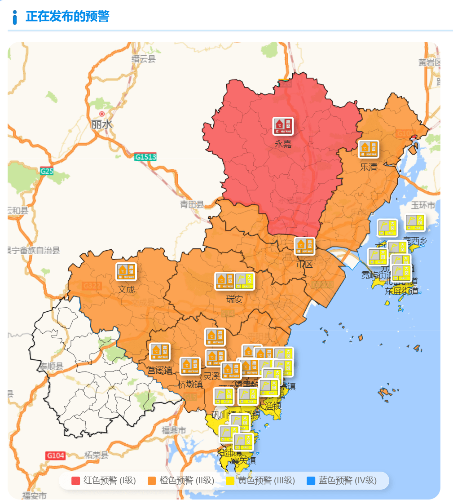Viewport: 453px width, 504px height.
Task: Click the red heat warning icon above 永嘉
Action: click(x=283, y=126)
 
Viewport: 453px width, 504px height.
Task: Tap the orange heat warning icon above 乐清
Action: click(x=368, y=149)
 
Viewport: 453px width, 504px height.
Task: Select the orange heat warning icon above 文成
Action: click(x=126, y=272)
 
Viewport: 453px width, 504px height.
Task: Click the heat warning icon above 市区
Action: click(x=304, y=246)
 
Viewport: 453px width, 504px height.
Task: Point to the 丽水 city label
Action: click(x=102, y=124)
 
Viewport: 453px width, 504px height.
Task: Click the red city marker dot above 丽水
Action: click(x=102, y=114)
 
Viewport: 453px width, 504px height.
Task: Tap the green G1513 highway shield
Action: click(x=145, y=157)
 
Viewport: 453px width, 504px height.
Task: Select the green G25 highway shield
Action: click(x=47, y=171)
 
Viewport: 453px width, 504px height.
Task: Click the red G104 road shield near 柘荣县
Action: click(x=55, y=455)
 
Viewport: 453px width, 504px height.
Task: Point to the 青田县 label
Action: click(x=192, y=205)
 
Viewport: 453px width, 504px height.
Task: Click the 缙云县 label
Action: click(x=143, y=59)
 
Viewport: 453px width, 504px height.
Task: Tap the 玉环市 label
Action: click(x=423, y=205)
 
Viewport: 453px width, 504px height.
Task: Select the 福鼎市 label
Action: click(x=174, y=430)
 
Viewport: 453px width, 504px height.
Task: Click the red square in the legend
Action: click(x=76, y=481)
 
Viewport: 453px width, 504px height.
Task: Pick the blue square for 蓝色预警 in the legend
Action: click(x=311, y=481)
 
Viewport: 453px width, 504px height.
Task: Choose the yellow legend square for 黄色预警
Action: click(x=230, y=481)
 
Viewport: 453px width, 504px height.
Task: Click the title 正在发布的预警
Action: click(x=67, y=17)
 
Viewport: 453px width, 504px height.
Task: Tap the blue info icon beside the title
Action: click(x=15, y=17)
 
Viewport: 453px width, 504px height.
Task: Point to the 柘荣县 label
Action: click(x=97, y=455)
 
